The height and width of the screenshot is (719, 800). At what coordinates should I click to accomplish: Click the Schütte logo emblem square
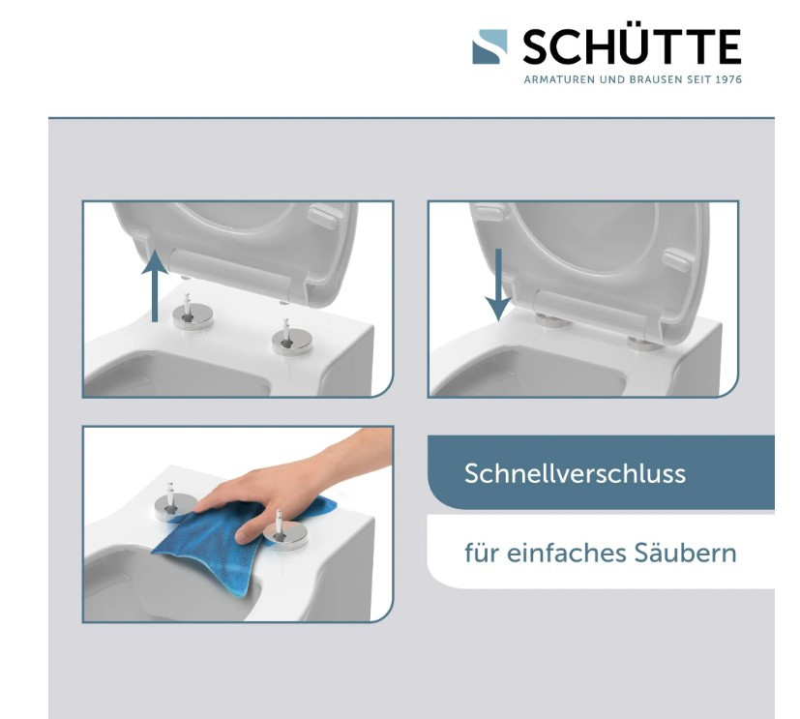pyautogui.click(x=489, y=46)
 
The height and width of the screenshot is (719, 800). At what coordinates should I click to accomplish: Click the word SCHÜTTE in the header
pyautogui.click(x=632, y=46)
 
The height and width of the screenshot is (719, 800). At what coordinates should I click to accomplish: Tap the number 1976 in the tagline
pyautogui.click(x=727, y=79)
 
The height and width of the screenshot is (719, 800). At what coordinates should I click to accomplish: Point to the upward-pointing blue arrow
pyautogui.click(x=155, y=285)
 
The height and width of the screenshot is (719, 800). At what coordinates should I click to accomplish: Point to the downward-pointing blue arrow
pyautogui.click(x=498, y=285)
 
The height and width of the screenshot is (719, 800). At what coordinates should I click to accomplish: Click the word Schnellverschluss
pyautogui.click(x=575, y=473)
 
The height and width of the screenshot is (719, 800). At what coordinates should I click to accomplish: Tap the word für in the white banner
pyautogui.click(x=482, y=553)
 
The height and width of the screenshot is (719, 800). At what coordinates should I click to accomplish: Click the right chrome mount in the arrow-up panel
pyautogui.click(x=292, y=339)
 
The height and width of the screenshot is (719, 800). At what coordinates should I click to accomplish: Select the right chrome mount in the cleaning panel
pyautogui.click(x=284, y=533)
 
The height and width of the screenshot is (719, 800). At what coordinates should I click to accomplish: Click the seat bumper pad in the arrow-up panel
pyautogui.click(x=323, y=217)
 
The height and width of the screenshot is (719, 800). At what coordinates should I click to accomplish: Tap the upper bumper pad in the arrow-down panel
pyautogui.click(x=489, y=212)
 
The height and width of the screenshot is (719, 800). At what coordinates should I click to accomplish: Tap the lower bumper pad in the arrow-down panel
pyautogui.click(x=677, y=259)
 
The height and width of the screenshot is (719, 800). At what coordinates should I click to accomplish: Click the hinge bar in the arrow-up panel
pyautogui.click(x=233, y=273)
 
